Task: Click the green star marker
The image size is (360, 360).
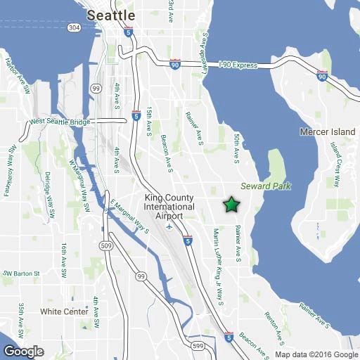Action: click(231, 205)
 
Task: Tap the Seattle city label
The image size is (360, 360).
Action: click(110, 15)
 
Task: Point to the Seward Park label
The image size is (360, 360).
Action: click(266, 186)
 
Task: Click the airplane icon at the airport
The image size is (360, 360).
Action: click(169, 217)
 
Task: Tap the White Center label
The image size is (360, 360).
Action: click(64, 311)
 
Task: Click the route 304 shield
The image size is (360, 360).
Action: click(73, 27)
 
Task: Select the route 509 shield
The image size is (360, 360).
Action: click(106, 245)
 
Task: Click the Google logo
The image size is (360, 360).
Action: click(23, 351)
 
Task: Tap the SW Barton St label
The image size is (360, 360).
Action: click(19, 273)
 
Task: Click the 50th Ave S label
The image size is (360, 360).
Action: click(237, 147)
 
